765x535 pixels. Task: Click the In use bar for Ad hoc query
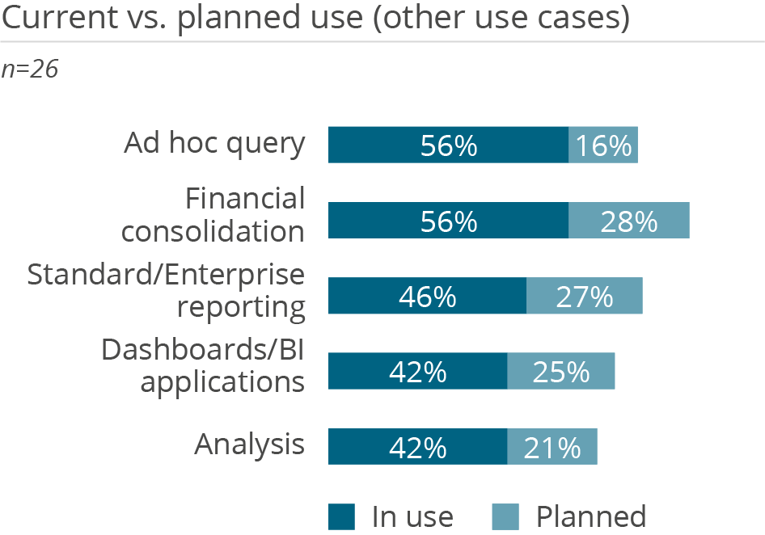448,145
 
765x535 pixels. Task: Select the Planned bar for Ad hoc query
603,145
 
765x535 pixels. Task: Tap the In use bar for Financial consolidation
448,221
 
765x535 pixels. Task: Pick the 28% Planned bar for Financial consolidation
629,221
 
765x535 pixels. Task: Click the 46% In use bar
427,296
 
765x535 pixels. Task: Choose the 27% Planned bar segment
585,296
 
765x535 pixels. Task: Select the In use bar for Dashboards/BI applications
417,371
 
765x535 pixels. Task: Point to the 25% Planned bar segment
561,371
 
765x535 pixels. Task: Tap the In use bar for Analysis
417,447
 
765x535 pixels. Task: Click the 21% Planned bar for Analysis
552,447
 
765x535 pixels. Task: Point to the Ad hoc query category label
214,144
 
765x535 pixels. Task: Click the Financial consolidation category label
213,215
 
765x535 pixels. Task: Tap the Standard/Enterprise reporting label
167,291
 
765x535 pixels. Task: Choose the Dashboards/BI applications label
203,366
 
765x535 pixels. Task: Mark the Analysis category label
250,444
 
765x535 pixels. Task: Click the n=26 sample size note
31,70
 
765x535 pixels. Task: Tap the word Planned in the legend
591,516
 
